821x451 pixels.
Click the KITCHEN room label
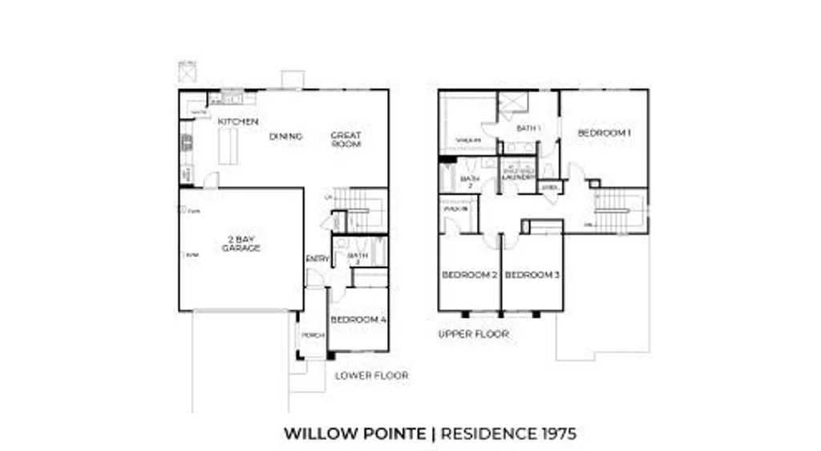[x=238, y=121]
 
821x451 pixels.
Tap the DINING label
[x=285, y=136]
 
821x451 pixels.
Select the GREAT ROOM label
[x=346, y=140]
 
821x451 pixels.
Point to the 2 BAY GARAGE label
[x=241, y=244]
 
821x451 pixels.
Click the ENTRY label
[x=317, y=258]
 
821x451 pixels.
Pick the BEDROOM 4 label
[x=358, y=319]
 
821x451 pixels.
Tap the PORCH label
[x=312, y=335]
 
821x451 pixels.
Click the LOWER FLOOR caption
[x=371, y=376]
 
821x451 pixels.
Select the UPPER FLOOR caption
[x=473, y=334]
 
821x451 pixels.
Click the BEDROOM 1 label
[x=604, y=132]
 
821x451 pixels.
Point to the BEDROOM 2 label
[x=470, y=275]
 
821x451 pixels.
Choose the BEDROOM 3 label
[x=532, y=275]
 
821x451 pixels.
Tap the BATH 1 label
[x=528, y=128]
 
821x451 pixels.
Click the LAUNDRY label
[x=518, y=177]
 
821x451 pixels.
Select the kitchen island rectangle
[x=229, y=146]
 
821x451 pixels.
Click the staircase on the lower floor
[x=360, y=210]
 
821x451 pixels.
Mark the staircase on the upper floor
[x=620, y=210]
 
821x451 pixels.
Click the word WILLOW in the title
[x=317, y=434]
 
